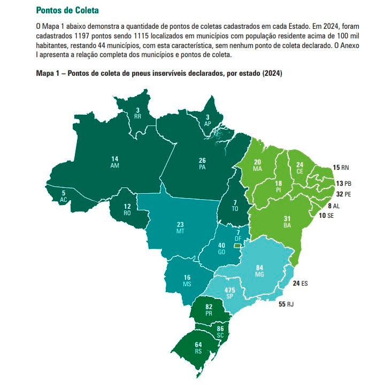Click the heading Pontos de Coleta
(67, 10)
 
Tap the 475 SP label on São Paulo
(230, 293)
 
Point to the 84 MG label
(260, 271)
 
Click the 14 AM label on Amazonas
(114, 162)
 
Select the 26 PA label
(202, 163)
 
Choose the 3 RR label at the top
(137, 113)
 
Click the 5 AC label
(64, 196)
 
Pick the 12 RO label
(127, 209)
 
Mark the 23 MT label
(180, 228)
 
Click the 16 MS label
(187, 281)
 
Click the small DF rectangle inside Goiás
(237, 245)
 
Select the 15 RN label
(341, 167)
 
